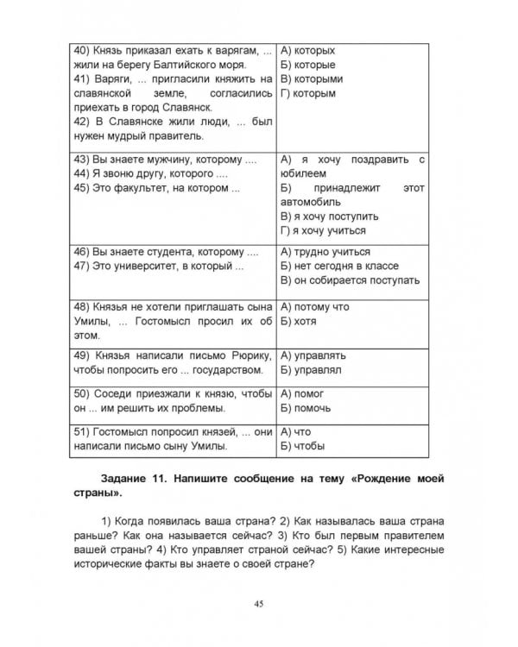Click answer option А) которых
point(308,50)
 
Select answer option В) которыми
point(312,79)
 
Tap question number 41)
point(83,79)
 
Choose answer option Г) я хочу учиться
point(324,230)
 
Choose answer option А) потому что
point(315,306)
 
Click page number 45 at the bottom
point(259,602)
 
